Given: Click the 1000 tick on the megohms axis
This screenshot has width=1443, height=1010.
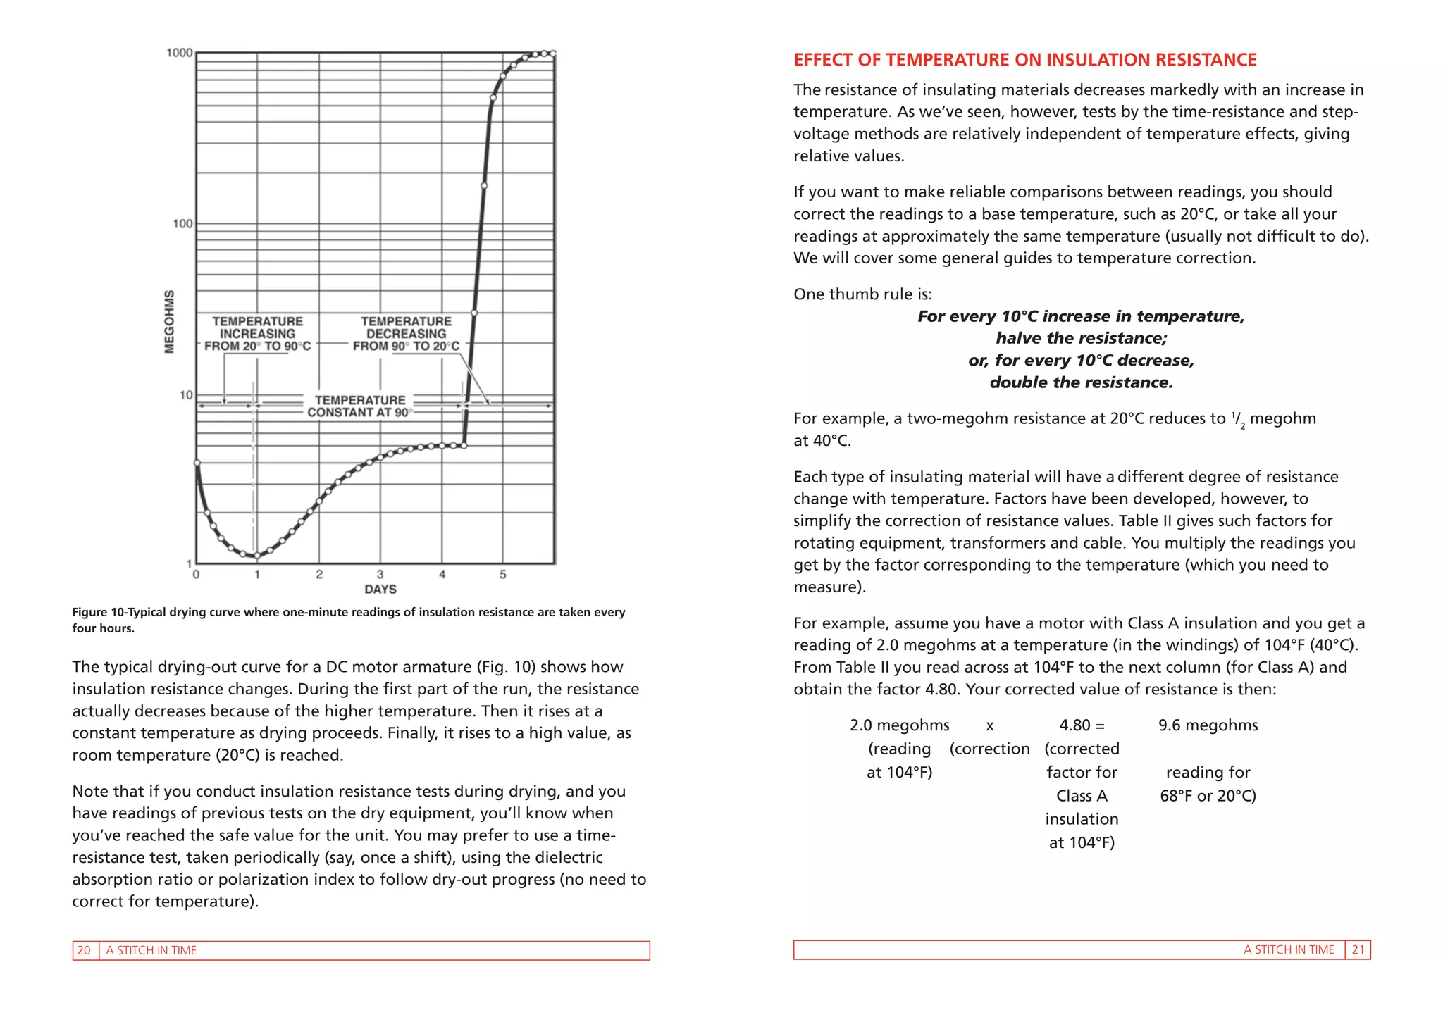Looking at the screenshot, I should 179,53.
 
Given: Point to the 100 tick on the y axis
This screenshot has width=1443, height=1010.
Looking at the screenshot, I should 182,224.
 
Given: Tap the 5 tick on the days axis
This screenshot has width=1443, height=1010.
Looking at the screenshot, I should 503,575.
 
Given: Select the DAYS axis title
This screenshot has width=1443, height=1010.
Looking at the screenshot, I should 380,589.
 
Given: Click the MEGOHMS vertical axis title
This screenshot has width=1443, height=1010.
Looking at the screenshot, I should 169,321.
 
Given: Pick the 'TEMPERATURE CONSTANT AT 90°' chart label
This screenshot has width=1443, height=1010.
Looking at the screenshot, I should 360,406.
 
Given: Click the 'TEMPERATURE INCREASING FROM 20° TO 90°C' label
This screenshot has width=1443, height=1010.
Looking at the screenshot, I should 258,334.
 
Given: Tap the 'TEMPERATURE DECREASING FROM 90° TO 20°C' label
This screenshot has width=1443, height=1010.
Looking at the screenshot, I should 406,334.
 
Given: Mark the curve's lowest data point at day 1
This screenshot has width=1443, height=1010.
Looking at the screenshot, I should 257,556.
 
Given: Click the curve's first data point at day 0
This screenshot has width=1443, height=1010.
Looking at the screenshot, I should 197,463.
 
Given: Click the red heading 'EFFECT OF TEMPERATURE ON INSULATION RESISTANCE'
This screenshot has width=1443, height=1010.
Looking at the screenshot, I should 1024,60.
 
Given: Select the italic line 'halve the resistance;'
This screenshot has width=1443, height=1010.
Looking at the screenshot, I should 1081,338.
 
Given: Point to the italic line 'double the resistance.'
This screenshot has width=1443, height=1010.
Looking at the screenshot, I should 1081,382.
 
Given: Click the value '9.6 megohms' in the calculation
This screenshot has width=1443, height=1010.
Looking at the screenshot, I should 1208,725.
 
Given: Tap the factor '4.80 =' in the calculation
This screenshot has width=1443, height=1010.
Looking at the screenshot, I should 1082,725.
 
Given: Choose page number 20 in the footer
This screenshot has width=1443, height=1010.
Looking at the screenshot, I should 84,950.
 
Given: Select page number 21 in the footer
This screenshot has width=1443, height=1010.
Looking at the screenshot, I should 1358,949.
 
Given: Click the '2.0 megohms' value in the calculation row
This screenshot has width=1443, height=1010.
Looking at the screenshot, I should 899,725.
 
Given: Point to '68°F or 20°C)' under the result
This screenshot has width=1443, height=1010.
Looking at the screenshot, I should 1208,796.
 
